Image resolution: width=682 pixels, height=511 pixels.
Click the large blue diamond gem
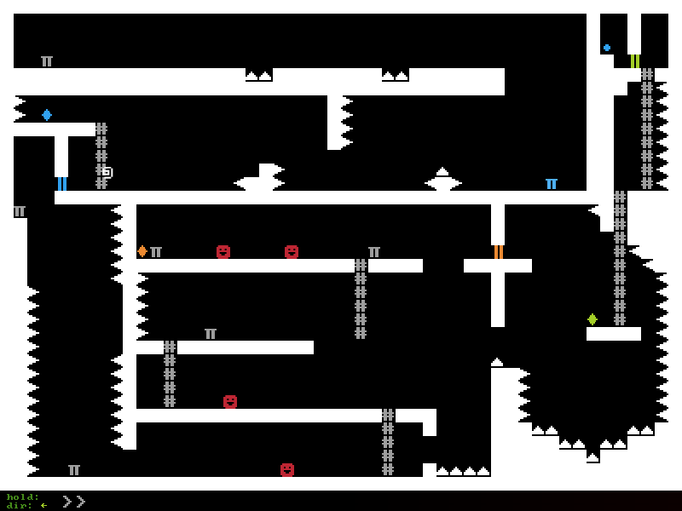[x=47, y=115]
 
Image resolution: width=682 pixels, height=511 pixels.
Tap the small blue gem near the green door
[x=607, y=48]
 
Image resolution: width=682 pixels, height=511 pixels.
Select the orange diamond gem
[x=142, y=251]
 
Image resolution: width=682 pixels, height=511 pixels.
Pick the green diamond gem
[x=592, y=319]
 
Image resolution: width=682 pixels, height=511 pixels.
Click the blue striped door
[x=62, y=184]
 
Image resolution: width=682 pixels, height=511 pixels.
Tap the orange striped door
[x=499, y=252]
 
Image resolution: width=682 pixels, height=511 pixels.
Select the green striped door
[x=635, y=61]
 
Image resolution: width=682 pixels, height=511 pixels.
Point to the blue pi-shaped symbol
[x=552, y=184]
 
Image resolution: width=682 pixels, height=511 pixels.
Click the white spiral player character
[x=107, y=173]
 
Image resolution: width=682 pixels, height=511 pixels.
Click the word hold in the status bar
[x=23, y=497]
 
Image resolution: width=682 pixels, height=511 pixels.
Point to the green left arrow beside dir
[x=43, y=505]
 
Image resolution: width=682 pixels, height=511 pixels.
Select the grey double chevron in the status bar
[x=73, y=502]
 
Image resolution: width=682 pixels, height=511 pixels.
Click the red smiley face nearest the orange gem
[x=223, y=252]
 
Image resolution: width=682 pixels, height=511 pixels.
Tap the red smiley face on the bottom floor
[x=287, y=470]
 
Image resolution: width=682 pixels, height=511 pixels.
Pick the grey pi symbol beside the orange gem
[x=156, y=252]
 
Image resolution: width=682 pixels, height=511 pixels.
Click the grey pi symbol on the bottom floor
[x=74, y=470]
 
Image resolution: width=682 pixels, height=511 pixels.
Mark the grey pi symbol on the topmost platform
[x=47, y=61]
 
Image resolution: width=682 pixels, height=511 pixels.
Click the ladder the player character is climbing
[x=101, y=156]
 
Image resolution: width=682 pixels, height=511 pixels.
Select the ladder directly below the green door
[x=647, y=129]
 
